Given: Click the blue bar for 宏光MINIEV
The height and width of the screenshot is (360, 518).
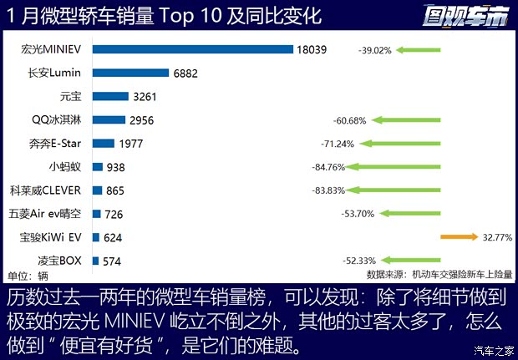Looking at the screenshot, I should [192, 49].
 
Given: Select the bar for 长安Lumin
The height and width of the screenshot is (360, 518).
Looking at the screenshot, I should [130, 74].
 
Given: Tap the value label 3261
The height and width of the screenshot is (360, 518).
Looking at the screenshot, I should [145, 97].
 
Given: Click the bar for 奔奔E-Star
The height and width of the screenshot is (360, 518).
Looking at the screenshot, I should [104, 143].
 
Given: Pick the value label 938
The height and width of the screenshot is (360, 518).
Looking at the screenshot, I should [116, 167].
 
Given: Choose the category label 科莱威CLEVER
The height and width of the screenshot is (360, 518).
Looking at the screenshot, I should [45, 190].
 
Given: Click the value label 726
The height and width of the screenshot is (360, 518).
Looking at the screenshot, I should [114, 215].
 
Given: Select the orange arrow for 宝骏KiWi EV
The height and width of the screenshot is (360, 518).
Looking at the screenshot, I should [459, 237].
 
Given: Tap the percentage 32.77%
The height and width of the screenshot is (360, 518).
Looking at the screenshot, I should [496, 237].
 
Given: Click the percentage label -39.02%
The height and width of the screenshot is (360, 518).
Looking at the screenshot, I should [374, 50].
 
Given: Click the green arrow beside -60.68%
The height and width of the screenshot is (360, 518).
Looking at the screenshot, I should [420, 120].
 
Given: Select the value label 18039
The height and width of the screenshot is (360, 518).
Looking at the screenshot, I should [311, 50].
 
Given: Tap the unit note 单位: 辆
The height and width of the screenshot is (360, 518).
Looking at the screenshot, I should [28, 276].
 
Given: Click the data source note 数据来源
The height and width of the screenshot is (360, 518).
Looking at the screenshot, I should [439, 274].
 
